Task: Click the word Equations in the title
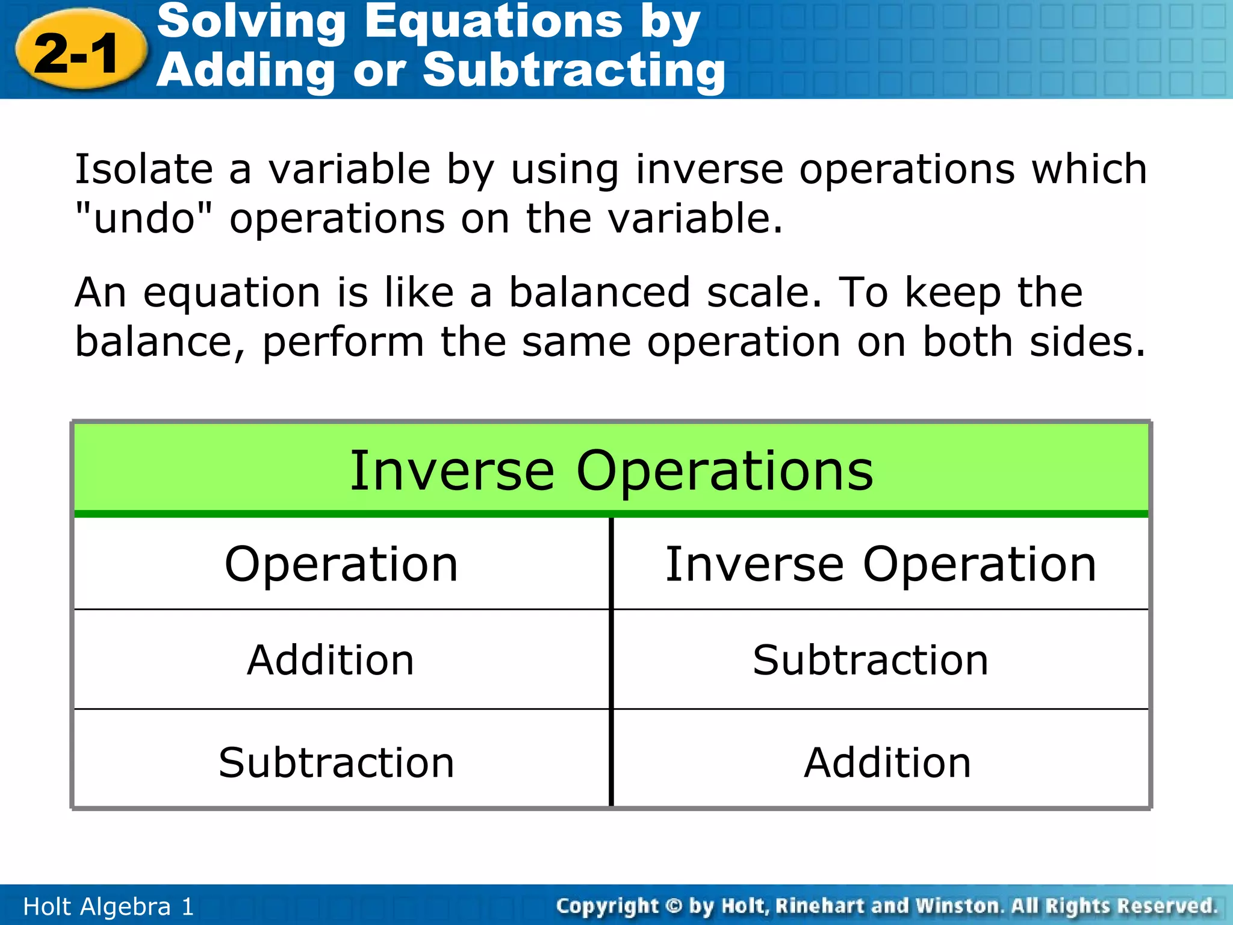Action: point(493,22)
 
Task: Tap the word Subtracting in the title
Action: point(573,71)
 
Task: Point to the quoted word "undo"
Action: point(144,218)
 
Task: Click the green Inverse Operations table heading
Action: point(610,470)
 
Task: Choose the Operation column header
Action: point(341,565)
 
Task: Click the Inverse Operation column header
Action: point(880,565)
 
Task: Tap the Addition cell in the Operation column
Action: point(331,661)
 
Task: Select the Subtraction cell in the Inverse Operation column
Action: point(871,661)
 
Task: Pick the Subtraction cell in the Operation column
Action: point(336,763)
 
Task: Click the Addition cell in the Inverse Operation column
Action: point(887,763)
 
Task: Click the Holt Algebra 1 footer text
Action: point(108,906)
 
